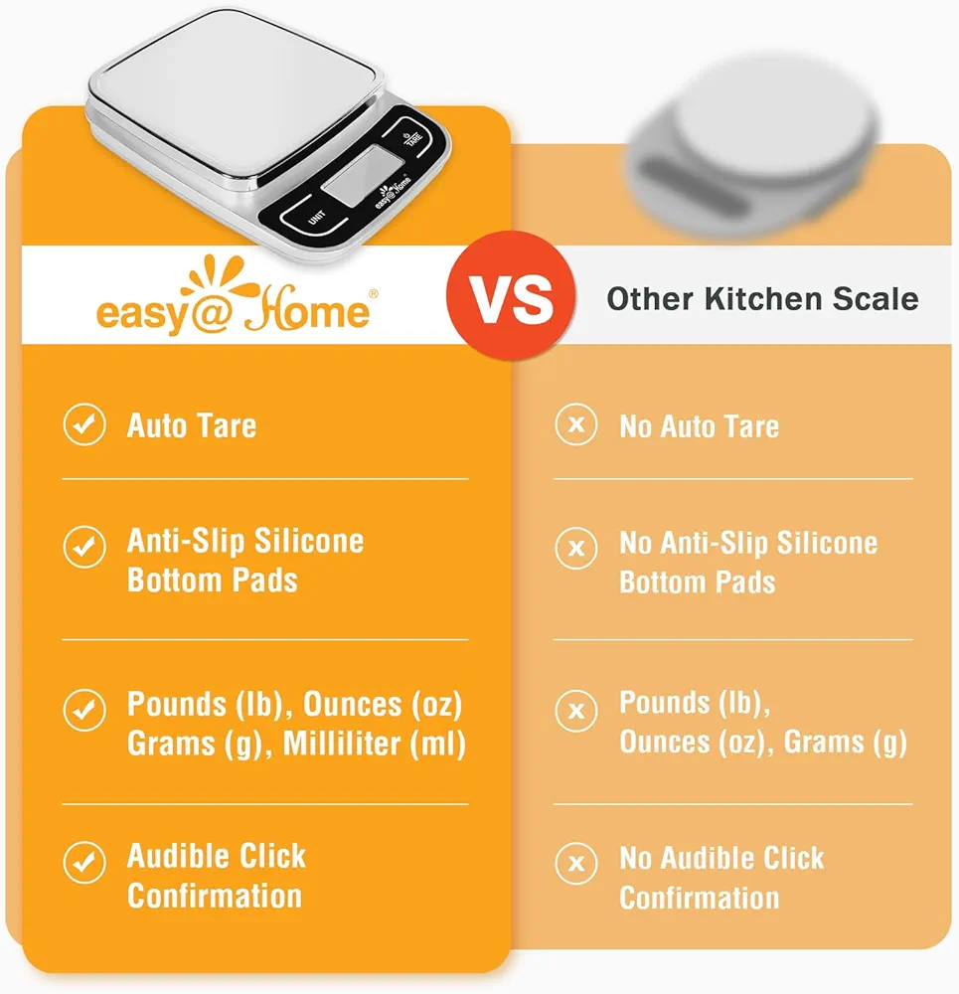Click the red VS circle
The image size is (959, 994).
(511, 296)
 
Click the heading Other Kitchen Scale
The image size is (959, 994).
(762, 298)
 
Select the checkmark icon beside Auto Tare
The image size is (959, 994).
(84, 424)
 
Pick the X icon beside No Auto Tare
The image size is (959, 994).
(576, 424)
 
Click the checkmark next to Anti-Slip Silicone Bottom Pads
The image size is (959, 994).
(84, 547)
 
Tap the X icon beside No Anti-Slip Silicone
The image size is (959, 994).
(576, 548)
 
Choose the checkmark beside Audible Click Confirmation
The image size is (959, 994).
(84, 862)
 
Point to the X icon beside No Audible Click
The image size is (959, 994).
(576, 863)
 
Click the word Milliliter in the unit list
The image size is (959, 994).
(342, 744)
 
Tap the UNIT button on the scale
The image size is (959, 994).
(316, 218)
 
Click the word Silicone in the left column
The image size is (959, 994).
(309, 541)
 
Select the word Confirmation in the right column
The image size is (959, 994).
(699, 899)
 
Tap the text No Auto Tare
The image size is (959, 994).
(699, 426)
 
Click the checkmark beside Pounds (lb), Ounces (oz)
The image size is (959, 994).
(84, 710)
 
